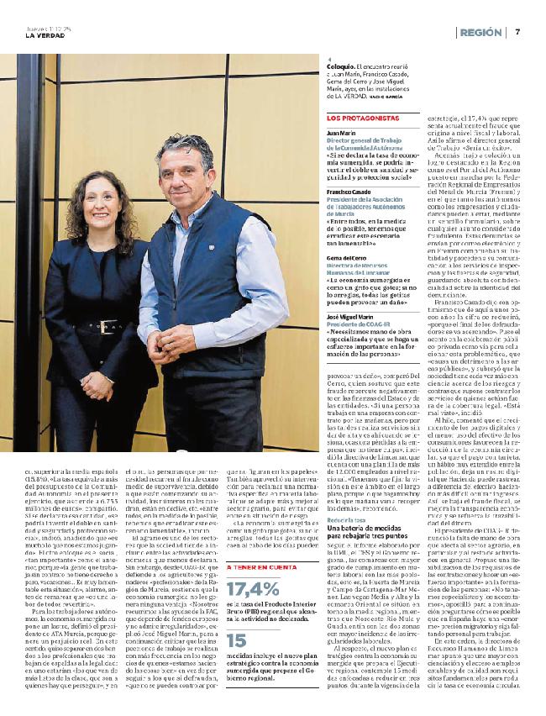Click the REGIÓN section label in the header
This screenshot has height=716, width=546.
click(480, 32)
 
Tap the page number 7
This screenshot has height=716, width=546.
click(518, 32)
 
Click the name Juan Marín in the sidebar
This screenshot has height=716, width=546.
click(339, 133)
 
